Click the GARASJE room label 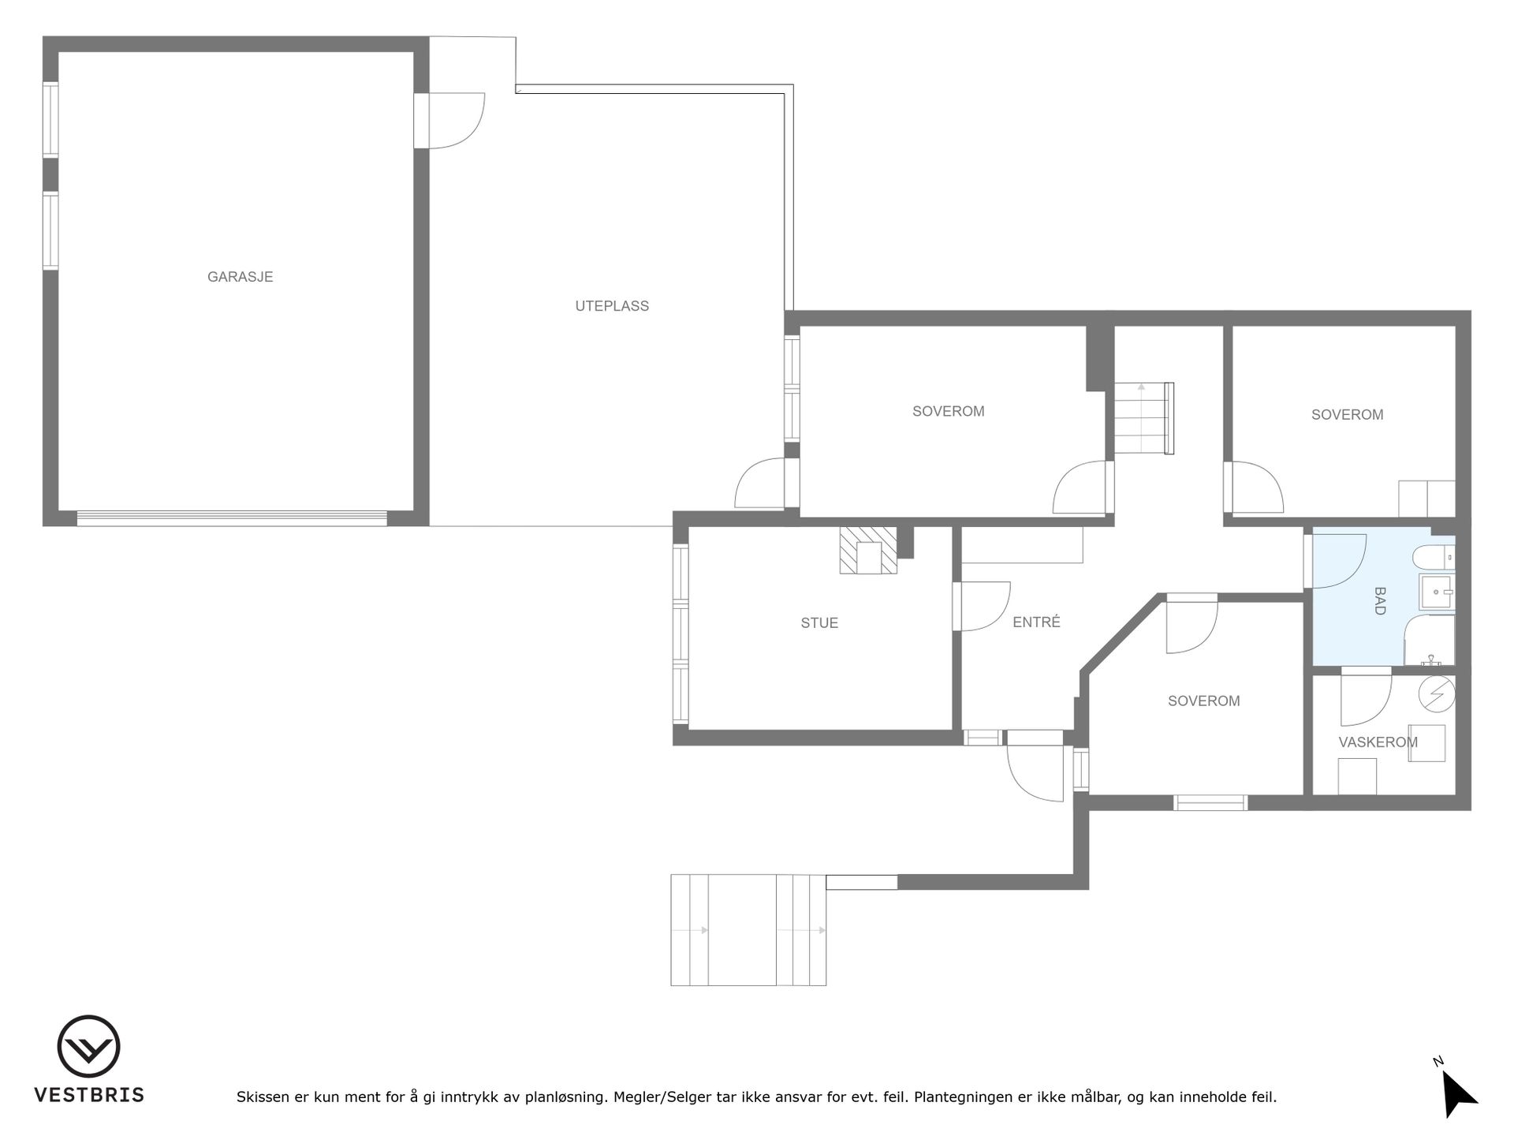[240, 277]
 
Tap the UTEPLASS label [612, 306]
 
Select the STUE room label [819, 623]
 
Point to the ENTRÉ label [1036, 622]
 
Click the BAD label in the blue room [1379, 600]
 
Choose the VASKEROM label [1378, 742]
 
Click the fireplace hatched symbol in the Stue [868, 551]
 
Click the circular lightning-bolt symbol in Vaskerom [1436, 693]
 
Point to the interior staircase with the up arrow [1144, 418]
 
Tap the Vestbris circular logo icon [88, 1046]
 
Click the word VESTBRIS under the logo [88, 1095]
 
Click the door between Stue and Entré [982, 607]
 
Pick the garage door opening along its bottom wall [232, 518]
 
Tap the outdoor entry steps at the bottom [748, 930]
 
